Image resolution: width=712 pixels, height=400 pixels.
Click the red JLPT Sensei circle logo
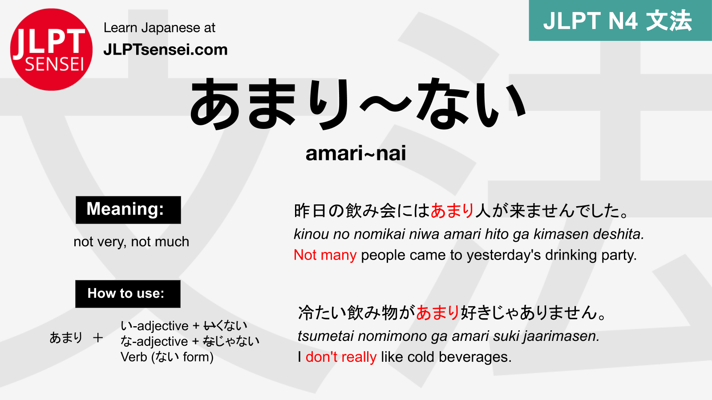point(51,49)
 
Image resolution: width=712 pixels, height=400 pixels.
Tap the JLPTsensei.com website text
point(165,49)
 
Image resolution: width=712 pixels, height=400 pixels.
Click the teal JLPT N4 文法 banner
point(620,20)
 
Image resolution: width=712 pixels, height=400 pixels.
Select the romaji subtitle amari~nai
point(356,153)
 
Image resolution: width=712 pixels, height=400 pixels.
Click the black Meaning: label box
point(128,210)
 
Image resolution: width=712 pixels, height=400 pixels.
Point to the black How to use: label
point(128,294)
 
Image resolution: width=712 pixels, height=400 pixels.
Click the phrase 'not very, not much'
point(131,242)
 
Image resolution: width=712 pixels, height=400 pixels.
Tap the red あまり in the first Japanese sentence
point(452,211)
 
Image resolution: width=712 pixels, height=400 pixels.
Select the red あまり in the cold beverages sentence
point(437,313)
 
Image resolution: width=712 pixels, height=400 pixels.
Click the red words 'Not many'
point(325,255)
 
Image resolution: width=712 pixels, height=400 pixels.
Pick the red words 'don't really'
point(341,357)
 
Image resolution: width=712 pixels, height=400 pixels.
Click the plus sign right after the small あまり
point(98,338)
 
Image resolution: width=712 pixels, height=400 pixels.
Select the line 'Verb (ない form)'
point(167,357)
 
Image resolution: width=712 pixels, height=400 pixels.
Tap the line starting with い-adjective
point(183,326)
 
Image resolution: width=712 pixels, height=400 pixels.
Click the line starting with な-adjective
point(190,341)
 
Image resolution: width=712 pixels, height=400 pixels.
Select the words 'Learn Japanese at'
point(159,28)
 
